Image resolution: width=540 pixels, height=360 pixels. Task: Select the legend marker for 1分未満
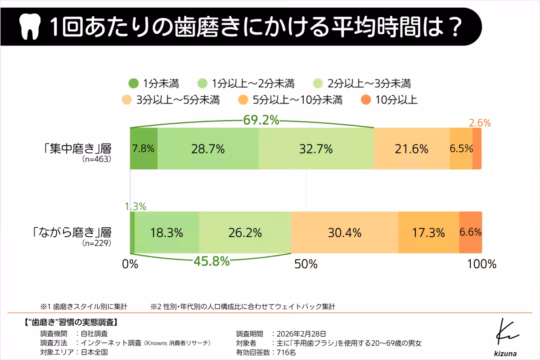click(134, 83)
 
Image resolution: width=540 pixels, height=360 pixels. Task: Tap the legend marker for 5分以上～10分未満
click(243, 100)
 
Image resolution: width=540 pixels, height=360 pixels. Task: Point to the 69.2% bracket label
click(261, 120)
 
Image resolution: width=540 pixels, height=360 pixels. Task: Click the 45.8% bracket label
click(211, 261)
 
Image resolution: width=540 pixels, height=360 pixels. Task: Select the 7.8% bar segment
click(144, 148)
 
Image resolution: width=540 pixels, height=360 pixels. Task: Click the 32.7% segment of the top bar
click(316, 148)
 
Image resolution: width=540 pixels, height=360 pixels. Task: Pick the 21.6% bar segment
click(411, 148)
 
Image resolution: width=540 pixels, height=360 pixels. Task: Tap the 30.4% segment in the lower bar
click(345, 233)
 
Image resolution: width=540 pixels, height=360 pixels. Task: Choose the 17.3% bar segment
click(428, 233)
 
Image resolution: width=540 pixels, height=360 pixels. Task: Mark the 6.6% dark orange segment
click(470, 233)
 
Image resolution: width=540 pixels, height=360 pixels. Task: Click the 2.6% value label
click(480, 123)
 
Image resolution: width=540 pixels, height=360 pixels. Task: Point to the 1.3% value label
click(135, 207)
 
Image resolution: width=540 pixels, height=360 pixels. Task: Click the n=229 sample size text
click(96, 243)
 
